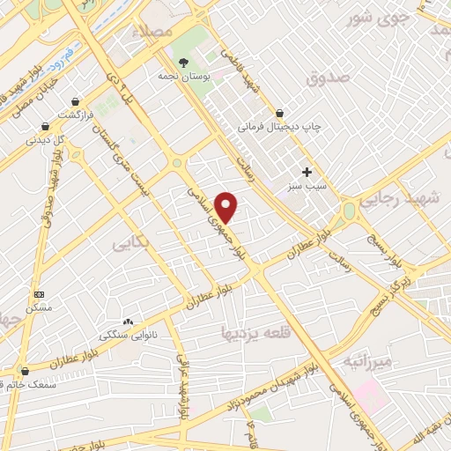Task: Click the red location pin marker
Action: pyautogui.click(x=227, y=207)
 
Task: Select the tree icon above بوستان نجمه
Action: pyautogui.click(x=183, y=62)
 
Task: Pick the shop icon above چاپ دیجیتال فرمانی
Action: pyautogui.click(x=279, y=113)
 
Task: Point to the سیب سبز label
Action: pyautogui.click(x=307, y=187)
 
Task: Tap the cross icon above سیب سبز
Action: pyautogui.click(x=307, y=172)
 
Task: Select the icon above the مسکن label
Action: pyautogui.click(x=39, y=293)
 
